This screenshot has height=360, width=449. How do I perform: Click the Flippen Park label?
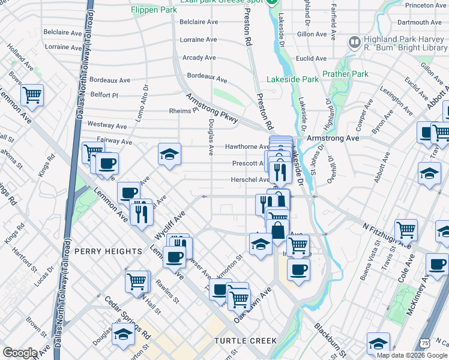(x=154, y=10)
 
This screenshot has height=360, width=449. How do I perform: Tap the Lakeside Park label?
(x=293, y=79)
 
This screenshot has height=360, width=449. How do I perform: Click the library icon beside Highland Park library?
(x=354, y=43)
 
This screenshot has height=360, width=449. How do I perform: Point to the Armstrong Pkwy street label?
(x=212, y=108)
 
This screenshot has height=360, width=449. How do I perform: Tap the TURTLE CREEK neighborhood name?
(x=246, y=341)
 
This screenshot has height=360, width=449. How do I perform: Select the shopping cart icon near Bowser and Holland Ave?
(x=32, y=94)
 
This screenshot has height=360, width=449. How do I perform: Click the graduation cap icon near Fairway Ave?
(x=169, y=154)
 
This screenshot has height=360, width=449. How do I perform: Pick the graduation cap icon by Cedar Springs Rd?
(x=123, y=334)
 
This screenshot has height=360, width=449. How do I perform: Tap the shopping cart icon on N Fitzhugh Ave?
(x=406, y=229)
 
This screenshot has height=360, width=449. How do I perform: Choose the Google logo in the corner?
(x=20, y=353)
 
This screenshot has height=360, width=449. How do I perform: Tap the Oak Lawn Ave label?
(x=253, y=304)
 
